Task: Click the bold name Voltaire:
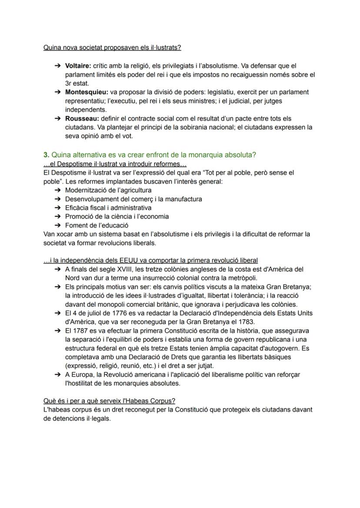click(78, 66)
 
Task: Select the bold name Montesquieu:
click(87, 92)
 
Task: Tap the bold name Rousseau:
click(82, 119)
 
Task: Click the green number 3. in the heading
click(46, 155)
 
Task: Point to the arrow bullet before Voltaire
click(57, 66)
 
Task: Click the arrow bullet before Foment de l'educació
click(57, 225)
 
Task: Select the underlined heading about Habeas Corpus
click(109, 401)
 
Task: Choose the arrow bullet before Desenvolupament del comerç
click(57, 199)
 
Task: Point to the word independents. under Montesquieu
click(86, 110)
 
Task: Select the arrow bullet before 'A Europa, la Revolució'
click(57, 375)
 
